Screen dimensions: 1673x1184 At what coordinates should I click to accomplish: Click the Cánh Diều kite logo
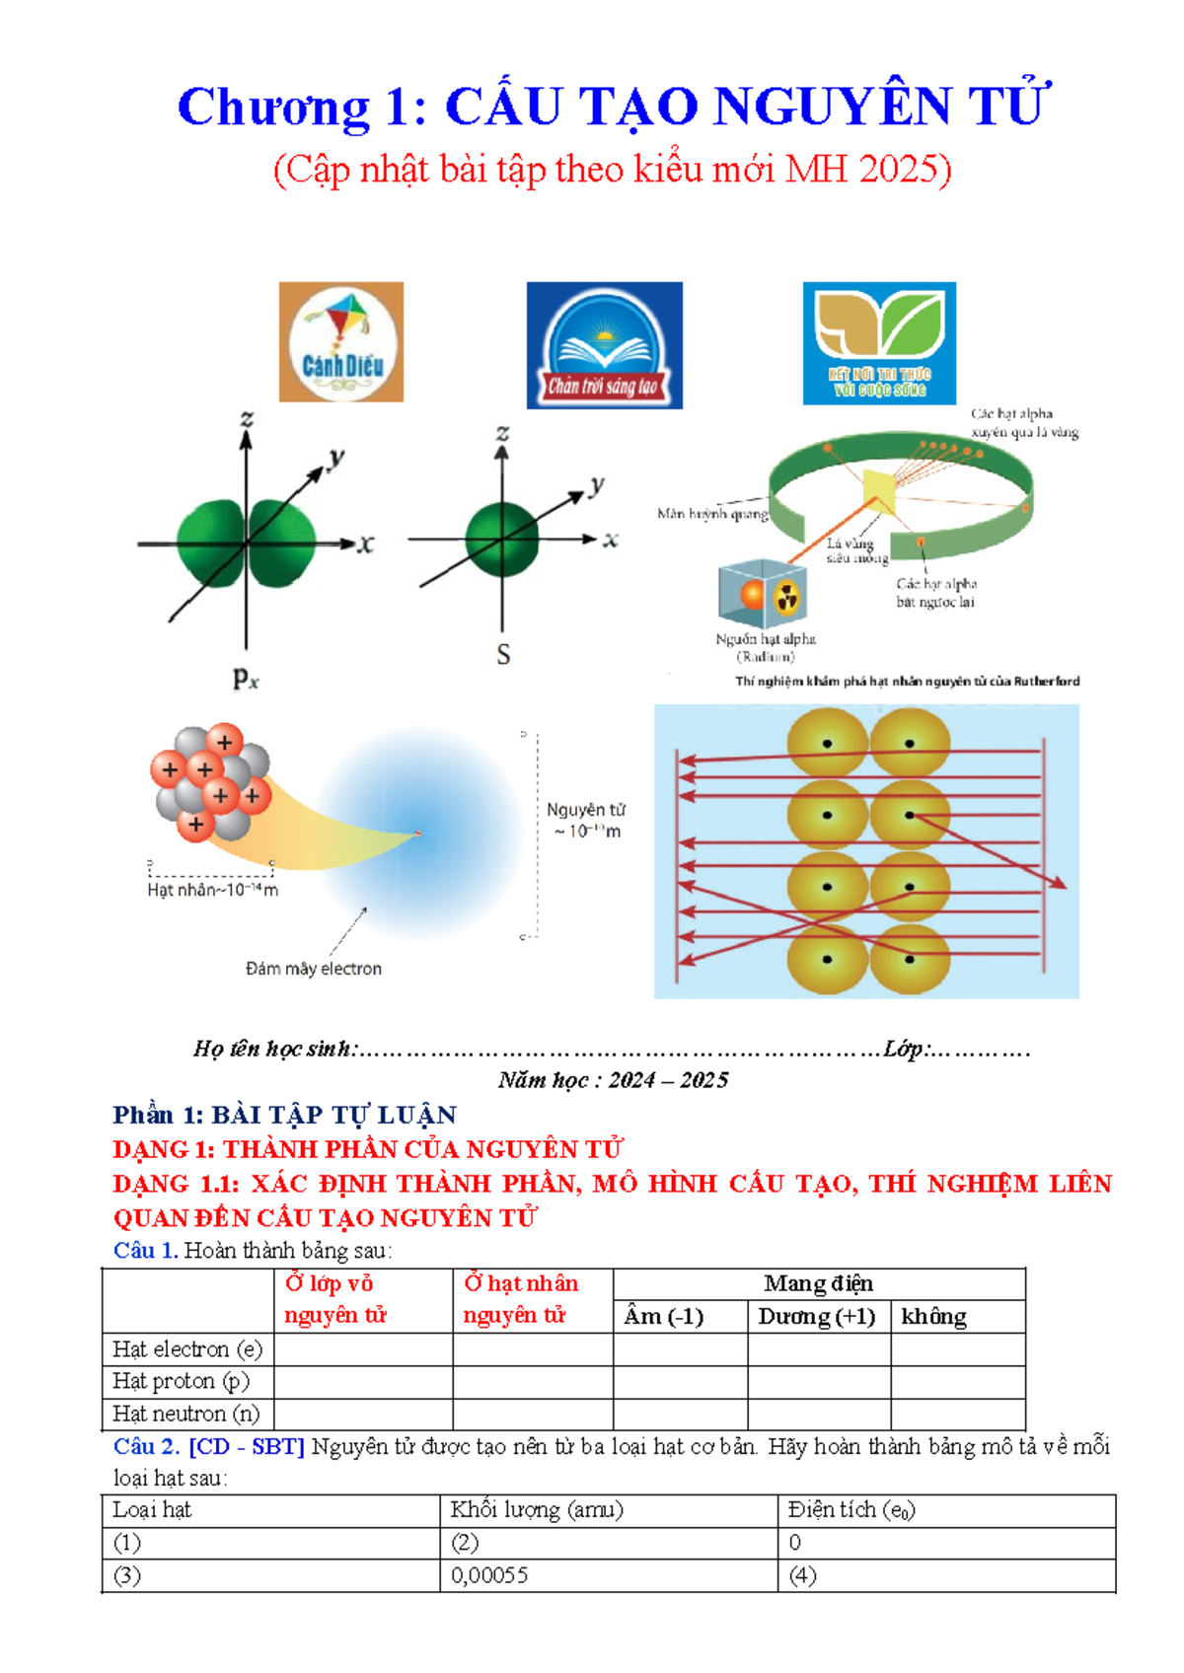(x=341, y=342)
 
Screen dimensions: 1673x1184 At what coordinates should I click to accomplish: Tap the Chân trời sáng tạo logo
(x=604, y=345)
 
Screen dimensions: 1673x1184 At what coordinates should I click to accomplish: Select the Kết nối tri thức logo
(x=879, y=343)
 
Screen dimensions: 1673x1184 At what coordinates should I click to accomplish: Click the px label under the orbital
(x=246, y=678)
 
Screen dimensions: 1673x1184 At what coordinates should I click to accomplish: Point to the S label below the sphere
(x=503, y=655)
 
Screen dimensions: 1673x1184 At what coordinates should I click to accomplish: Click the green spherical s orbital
(x=502, y=539)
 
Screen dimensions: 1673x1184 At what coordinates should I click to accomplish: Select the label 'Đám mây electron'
(x=314, y=969)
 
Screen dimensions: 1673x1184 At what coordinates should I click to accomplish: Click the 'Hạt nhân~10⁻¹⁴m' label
(x=212, y=890)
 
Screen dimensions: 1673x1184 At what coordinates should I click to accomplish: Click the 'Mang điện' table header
(x=818, y=1283)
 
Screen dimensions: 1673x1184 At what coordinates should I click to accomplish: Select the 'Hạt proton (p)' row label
(x=181, y=1381)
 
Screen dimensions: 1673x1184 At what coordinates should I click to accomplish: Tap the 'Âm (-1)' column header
(x=663, y=1317)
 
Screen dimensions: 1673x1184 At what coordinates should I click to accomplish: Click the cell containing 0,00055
(x=489, y=1575)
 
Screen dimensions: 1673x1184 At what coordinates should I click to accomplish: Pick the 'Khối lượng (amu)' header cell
(x=537, y=1509)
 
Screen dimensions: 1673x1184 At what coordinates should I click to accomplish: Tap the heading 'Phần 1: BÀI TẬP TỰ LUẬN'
(x=284, y=1115)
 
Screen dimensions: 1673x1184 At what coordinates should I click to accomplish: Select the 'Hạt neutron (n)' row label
(x=185, y=1414)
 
